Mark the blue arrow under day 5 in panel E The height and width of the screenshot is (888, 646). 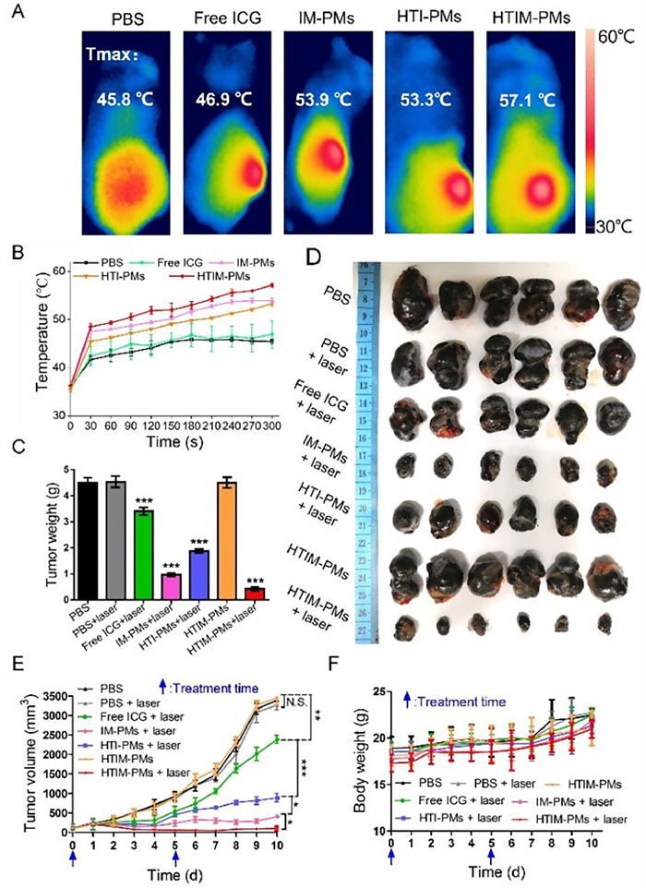pos(174,854)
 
